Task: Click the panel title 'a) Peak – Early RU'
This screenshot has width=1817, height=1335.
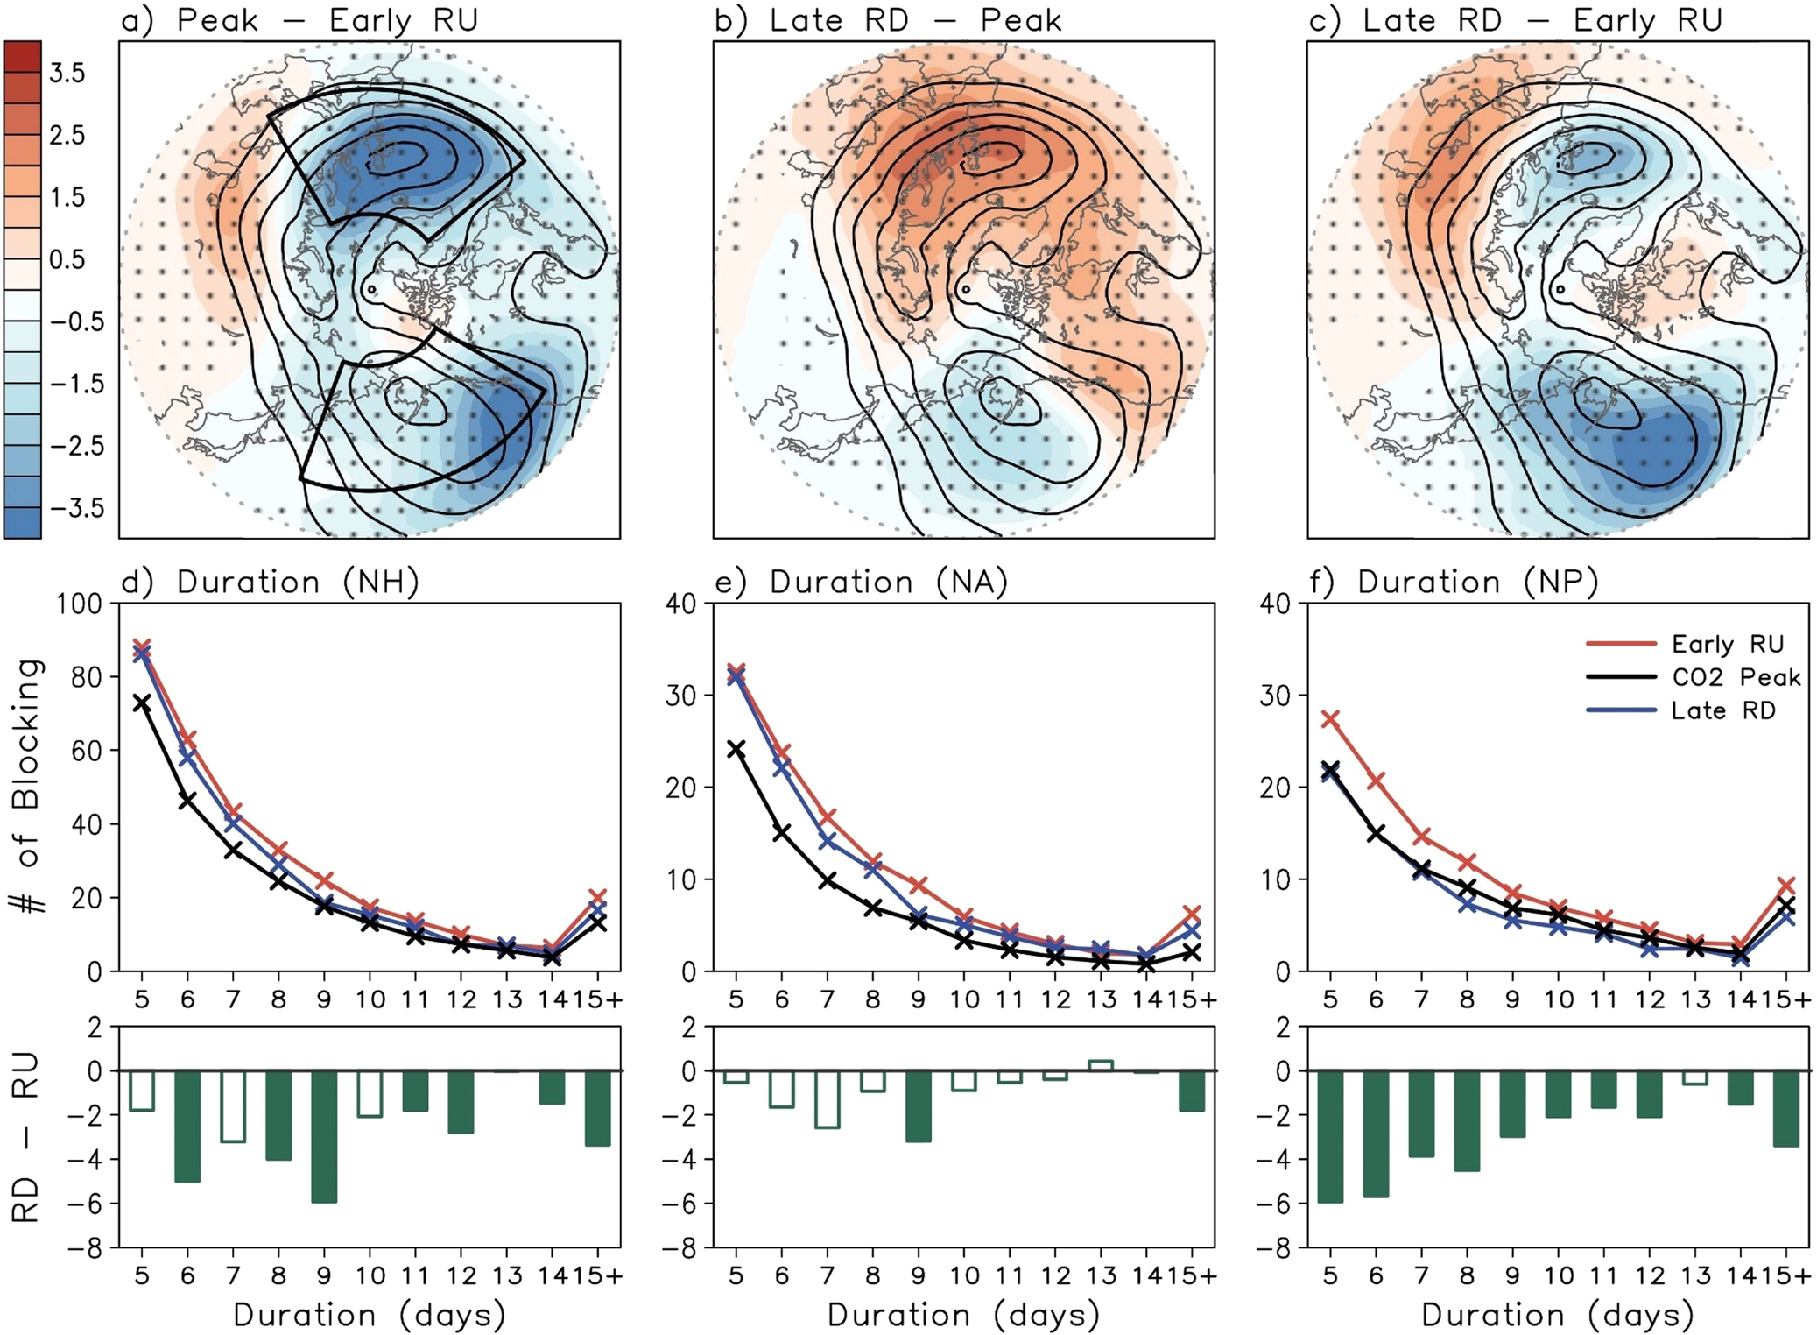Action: [299, 19]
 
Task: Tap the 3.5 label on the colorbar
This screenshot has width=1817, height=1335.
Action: [67, 74]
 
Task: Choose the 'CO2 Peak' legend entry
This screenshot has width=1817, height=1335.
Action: [1735, 677]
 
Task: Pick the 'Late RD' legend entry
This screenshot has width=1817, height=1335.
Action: [1722, 710]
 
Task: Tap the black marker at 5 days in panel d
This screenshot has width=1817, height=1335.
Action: [142, 703]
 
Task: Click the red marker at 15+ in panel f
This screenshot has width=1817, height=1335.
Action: [1787, 886]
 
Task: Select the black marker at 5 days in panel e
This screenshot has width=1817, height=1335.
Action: [736, 748]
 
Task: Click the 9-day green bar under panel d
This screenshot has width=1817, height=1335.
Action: [324, 1136]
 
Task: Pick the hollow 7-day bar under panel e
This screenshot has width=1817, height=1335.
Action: [827, 1098]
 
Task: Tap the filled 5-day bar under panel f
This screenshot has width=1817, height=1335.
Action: [1330, 1136]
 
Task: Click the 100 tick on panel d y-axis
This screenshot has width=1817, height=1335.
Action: [80, 604]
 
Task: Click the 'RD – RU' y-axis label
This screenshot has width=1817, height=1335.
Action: [26, 1137]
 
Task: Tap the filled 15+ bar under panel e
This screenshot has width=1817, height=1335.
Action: [1192, 1091]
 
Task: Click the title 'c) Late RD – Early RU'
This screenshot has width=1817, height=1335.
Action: [1515, 19]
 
